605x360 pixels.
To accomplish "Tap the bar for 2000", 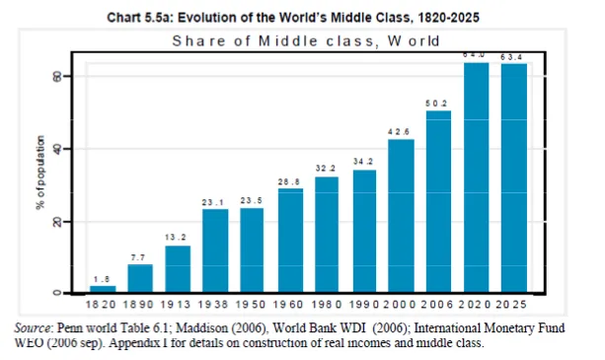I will pos(401,216).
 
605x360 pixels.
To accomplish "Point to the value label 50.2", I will pos(438,102).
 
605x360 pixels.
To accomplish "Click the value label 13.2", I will pos(177,237).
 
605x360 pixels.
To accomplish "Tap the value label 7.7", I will pos(139,256).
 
